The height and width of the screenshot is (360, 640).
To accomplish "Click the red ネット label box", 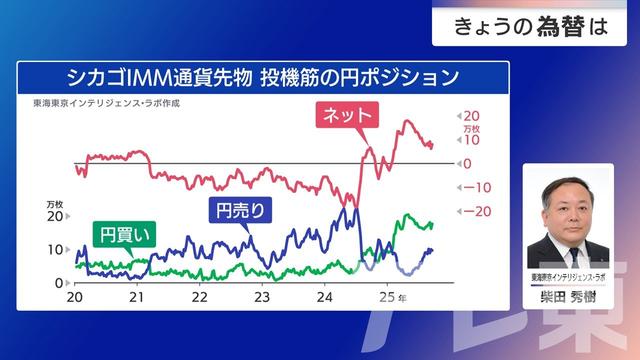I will (348, 115).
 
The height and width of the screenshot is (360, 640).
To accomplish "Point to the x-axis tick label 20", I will (73, 298).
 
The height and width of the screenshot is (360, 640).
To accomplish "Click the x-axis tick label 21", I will (137, 298).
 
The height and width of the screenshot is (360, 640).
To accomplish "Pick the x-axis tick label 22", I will (199, 298).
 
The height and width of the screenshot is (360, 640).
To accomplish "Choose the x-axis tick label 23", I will (262, 298).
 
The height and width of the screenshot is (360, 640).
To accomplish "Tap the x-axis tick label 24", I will (324, 298).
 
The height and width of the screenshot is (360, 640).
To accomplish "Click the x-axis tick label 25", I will (386, 298).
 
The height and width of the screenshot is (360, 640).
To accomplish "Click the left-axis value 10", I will (57, 249).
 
